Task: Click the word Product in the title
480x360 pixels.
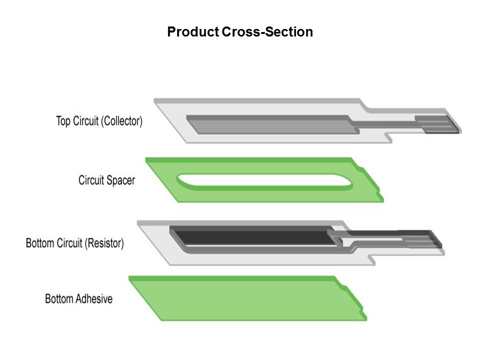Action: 192,32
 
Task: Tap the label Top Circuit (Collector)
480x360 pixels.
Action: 99,121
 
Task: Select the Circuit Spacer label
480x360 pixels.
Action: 106,180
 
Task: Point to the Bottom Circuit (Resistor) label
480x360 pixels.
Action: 74,244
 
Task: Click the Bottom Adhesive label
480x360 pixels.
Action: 78,299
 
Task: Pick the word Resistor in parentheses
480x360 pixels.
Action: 104,244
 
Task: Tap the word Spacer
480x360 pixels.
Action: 121,180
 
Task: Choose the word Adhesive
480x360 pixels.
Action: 94,299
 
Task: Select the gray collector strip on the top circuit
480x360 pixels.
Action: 270,124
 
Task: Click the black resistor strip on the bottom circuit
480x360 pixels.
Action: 250,236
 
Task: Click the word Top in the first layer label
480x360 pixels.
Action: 63,121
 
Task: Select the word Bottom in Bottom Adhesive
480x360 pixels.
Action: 59,299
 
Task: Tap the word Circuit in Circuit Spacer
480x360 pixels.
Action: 91,180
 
